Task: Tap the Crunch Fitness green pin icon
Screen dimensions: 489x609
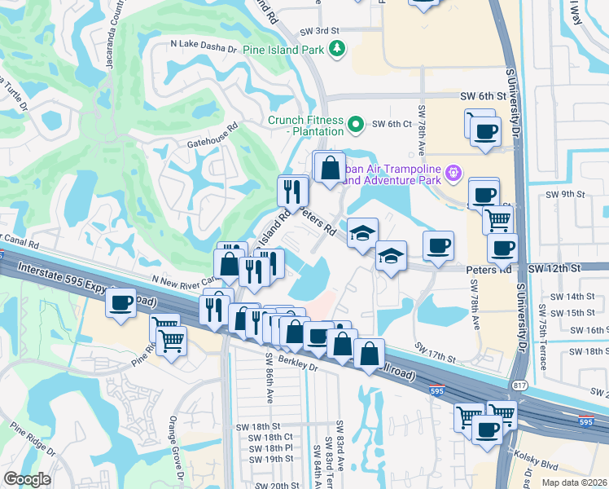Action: coord(355,125)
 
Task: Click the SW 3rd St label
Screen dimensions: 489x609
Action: coord(322,30)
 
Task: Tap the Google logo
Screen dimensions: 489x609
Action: coord(27,480)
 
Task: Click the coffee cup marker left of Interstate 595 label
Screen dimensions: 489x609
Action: coord(120,303)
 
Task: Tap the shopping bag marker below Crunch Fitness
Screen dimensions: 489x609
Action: coord(331,168)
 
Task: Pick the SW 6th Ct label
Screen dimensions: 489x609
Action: coord(391,124)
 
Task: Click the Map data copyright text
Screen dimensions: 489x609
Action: coord(574,482)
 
